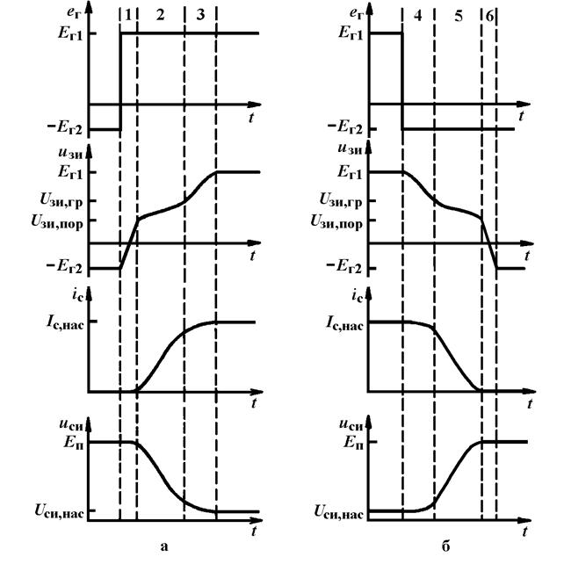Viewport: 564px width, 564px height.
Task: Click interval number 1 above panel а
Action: pyautogui.click(x=128, y=15)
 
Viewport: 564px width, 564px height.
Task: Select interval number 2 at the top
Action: pyautogui.click(x=161, y=15)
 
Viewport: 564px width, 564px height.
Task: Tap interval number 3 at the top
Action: pyautogui.click(x=200, y=15)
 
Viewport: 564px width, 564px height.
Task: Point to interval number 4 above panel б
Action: pyautogui.click(x=417, y=16)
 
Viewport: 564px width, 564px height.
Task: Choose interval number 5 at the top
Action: pyautogui.click(x=459, y=16)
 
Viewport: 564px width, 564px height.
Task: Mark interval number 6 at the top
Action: pyautogui.click(x=489, y=16)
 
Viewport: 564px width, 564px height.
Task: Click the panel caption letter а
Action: pyautogui.click(x=164, y=546)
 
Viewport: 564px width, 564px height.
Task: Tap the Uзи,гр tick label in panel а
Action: pyautogui.click(x=61, y=200)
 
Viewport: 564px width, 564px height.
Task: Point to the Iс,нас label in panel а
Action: pyautogui.click(x=65, y=322)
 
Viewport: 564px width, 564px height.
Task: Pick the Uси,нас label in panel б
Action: pyautogui.click(x=338, y=511)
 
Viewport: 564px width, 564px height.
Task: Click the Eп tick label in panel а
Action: pyautogui.click(x=74, y=442)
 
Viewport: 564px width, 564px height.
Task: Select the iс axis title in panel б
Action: pyautogui.click(x=358, y=296)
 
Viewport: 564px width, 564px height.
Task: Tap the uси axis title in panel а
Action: pyautogui.click(x=71, y=425)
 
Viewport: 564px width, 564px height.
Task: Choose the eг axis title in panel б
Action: pyautogui.click(x=356, y=14)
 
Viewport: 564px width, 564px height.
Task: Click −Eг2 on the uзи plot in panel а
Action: pyautogui.click(x=64, y=268)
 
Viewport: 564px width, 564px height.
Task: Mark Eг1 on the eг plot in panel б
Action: pyautogui.click(x=351, y=33)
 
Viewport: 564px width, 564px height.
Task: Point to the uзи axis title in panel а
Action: pyautogui.click(x=70, y=153)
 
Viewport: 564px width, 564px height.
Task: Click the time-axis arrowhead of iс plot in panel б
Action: pyautogui.click(x=530, y=391)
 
